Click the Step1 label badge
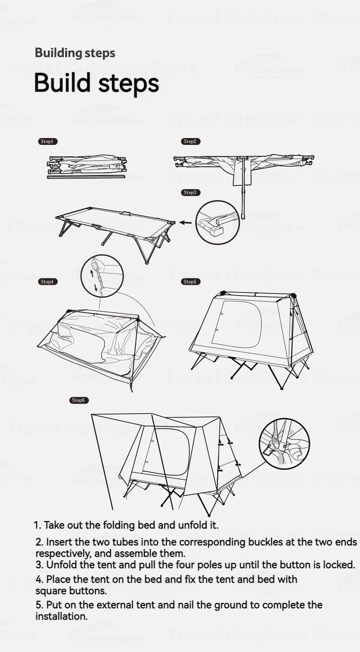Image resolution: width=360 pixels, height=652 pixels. (x=47, y=142)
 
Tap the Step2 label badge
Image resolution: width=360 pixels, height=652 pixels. (x=190, y=142)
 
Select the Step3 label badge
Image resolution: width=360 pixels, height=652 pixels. (x=190, y=193)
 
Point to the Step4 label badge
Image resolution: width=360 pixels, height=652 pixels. (x=47, y=282)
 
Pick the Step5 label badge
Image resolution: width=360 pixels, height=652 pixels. (x=190, y=282)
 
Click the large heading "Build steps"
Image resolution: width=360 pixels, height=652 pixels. (x=97, y=83)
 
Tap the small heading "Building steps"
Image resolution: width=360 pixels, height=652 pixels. (x=75, y=53)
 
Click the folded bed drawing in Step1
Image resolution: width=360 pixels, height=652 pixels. (x=87, y=166)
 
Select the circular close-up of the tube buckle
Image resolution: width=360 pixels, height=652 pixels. (x=217, y=223)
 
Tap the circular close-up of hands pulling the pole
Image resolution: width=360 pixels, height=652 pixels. (x=102, y=276)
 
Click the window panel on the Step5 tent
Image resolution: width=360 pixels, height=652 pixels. (x=237, y=324)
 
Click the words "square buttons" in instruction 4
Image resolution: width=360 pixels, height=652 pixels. (x=71, y=591)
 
